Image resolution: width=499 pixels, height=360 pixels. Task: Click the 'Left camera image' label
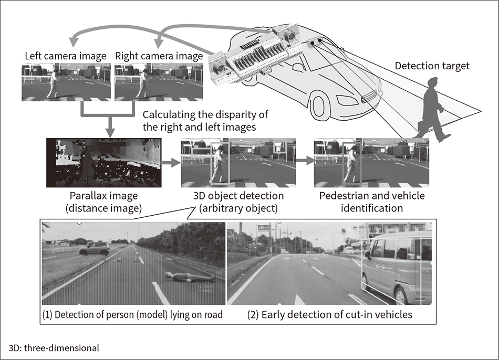(66, 56)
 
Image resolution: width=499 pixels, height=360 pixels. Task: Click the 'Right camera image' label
(159, 56)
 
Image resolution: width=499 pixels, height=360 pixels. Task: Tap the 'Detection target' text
(432, 66)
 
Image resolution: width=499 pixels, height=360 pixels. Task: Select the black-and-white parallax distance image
(103, 163)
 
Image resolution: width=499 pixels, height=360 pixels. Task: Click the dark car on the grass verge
(95, 248)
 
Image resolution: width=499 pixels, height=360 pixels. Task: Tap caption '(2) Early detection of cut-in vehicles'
(330, 315)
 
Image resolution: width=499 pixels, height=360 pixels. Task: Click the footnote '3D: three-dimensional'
(54, 347)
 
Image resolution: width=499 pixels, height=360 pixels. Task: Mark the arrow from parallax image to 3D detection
(169, 164)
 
